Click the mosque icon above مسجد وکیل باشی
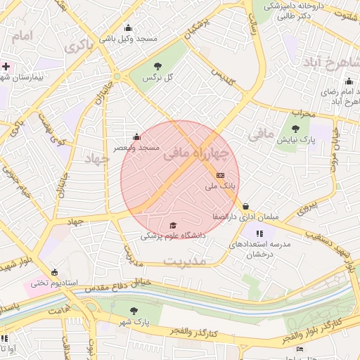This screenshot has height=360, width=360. click(128, 28)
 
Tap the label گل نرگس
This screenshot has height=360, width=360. click(158, 77)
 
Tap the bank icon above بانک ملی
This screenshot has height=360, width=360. click(221, 175)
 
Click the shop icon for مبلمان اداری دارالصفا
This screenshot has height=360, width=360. click(245, 206)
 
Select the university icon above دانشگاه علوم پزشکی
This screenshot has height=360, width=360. click(173, 225)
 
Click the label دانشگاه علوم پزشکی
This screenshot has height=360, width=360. click(173, 236)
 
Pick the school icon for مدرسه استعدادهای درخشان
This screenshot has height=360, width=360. click(259, 233)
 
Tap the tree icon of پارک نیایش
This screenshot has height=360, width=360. click(295, 129)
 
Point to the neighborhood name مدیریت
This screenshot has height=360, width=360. click(185, 261)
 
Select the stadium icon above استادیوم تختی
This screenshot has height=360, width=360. click(55, 272)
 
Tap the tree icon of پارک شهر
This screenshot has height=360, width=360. click(134, 311)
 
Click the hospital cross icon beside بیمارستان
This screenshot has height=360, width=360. click(6, 66)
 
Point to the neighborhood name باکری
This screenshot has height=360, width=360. click(79, 46)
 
